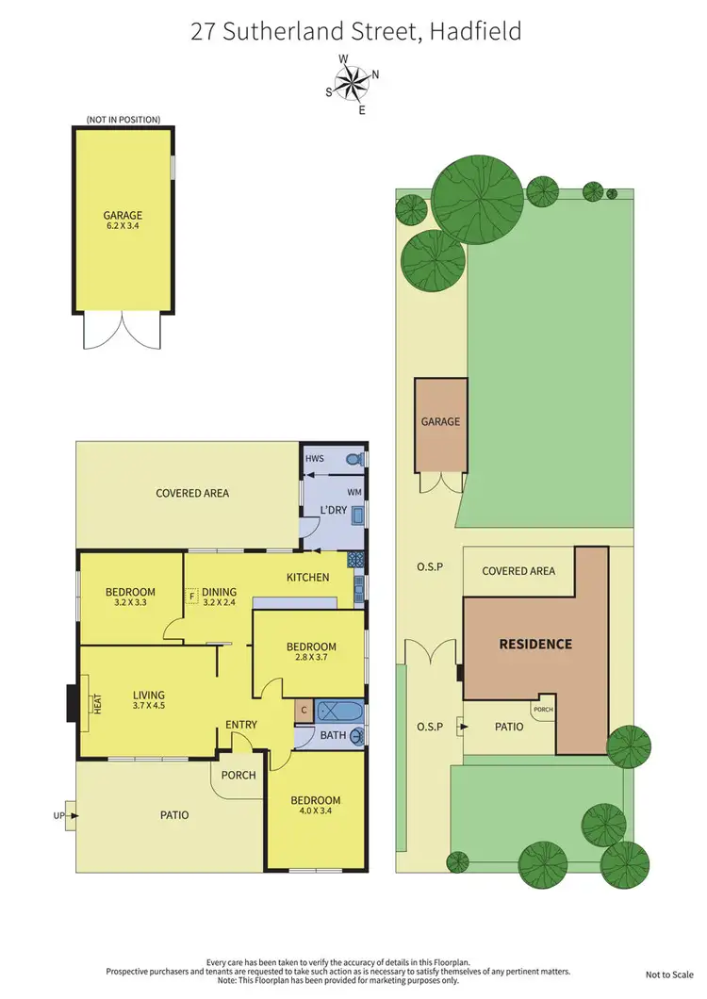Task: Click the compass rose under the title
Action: coord(353,84)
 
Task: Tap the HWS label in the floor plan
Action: coord(315,458)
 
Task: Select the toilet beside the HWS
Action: coord(353,460)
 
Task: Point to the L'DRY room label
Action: coord(335,511)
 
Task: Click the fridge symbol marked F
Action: coord(192,596)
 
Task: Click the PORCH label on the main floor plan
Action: coord(238,776)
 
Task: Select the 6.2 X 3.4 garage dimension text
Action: coord(123,227)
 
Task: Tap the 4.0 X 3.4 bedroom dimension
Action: coord(316,813)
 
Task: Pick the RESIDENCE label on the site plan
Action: coord(535,645)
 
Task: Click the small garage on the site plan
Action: coord(441,425)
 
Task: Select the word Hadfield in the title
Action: coord(475,33)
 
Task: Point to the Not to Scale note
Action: coord(668,974)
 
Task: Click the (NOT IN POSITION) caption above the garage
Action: coord(123,120)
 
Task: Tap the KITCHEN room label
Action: coord(308,577)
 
